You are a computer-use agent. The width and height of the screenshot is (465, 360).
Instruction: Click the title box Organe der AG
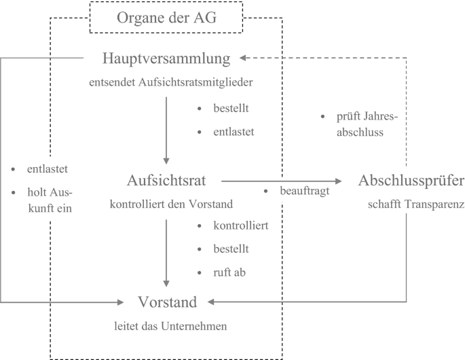(167, 18)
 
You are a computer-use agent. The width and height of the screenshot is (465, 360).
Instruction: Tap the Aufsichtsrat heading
(166, 181)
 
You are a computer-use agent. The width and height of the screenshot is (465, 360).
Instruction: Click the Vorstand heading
(168, 302)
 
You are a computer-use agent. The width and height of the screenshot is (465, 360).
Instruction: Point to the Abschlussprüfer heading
(411, 181)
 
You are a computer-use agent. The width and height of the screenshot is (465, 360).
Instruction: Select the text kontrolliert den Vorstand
(171, 204)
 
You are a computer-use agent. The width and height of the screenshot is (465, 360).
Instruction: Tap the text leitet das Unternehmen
(170, 326)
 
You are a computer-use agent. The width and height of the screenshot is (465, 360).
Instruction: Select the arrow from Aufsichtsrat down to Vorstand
(166, 251)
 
